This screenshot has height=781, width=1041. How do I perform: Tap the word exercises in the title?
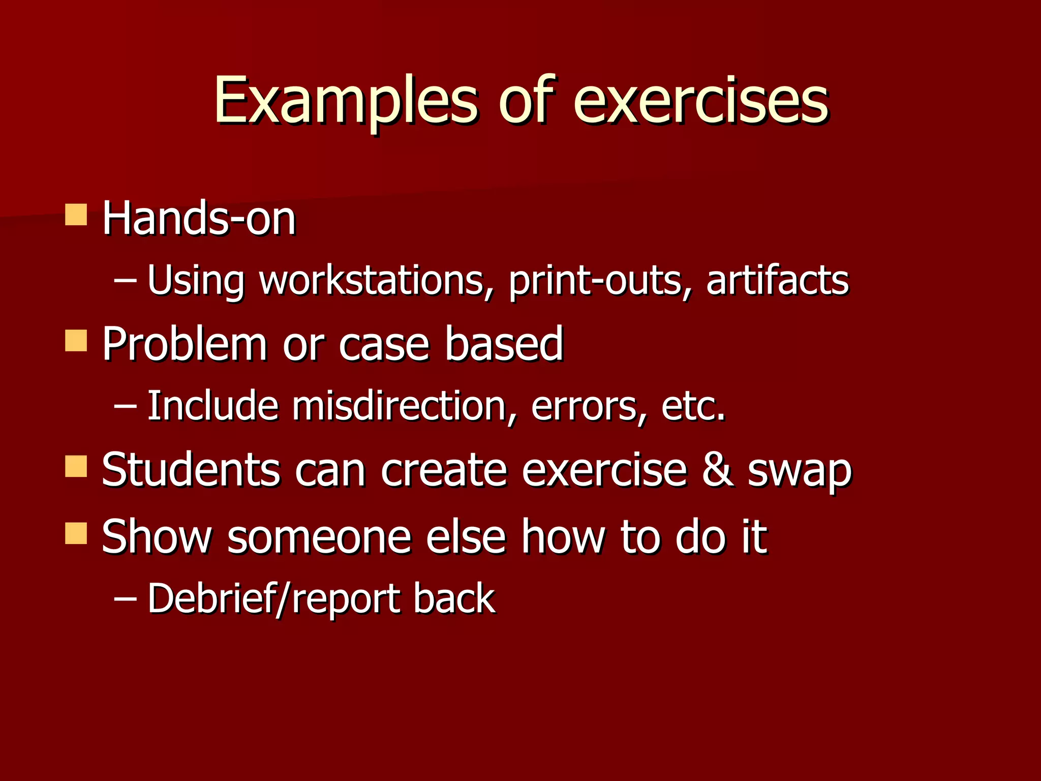pyautogui.click(x=700, y=101)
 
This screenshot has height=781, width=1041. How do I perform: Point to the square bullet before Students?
pyautogui.click(x=76, y=466)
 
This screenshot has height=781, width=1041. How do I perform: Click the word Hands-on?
pyautogui.click(x=199, y=219)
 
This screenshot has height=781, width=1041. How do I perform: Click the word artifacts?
pyautogui.click(x=777, y=280)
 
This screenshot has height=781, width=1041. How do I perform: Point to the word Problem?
pyautogui.click(x=185, y=344)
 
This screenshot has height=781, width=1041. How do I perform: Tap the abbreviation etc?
pyautogui.click(x=693, y=407)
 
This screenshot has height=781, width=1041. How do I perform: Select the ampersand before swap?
pyautogui.click(x=717, y=469)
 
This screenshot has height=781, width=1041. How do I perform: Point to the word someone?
pyautogui.click(x=319, y=537)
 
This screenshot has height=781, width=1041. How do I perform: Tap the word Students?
pyautogui.click(x=191, y=469)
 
